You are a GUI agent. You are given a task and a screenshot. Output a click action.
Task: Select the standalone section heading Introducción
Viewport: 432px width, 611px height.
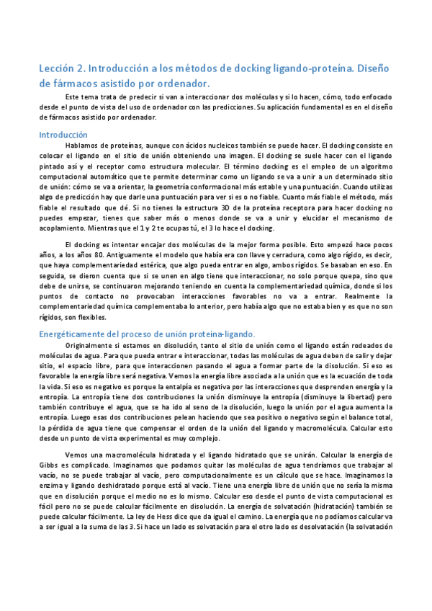click(63, 134)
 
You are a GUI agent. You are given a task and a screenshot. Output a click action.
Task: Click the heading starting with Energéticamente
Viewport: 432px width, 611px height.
click(146, 334)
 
